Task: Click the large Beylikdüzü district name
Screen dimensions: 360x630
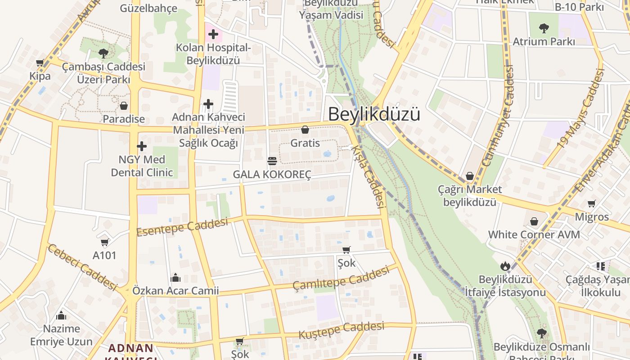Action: point(374,114)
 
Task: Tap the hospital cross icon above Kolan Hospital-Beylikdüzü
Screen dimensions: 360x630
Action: point(213,34)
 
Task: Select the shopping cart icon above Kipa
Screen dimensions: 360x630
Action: point(40,63)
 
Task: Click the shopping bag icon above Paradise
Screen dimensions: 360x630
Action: point(124,106)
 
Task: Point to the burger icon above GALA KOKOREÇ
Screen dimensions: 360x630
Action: point(272,161)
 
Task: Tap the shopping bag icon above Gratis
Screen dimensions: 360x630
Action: point(305,130)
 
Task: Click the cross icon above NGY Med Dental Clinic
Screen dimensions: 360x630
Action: point(142,146)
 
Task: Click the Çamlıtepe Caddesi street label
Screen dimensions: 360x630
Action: point(341,278)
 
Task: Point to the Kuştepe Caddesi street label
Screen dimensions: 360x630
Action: point(341,330)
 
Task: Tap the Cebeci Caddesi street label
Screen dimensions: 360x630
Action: point(82,267)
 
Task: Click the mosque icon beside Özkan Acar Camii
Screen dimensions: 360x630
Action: point(175,278)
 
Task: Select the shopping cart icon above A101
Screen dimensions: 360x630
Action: point(105,243)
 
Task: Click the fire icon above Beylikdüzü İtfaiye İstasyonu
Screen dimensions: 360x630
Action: point(505,266)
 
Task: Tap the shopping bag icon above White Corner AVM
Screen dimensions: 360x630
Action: point(534,221)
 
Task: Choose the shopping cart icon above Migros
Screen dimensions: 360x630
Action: point(592,204)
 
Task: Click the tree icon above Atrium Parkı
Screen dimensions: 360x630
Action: point(544,28)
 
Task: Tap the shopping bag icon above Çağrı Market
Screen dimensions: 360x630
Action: point(470,176)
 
